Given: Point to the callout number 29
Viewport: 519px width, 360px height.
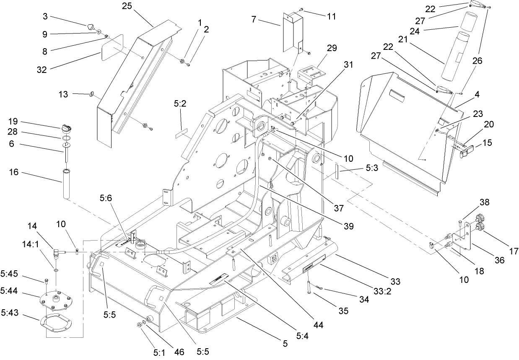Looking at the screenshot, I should (x=332, y=48).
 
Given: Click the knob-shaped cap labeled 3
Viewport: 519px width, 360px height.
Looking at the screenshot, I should (x=91, y=27).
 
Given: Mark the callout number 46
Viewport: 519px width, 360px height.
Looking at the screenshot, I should (x=179, y=352).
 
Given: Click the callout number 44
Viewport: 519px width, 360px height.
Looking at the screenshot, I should (x=318, y=324).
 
